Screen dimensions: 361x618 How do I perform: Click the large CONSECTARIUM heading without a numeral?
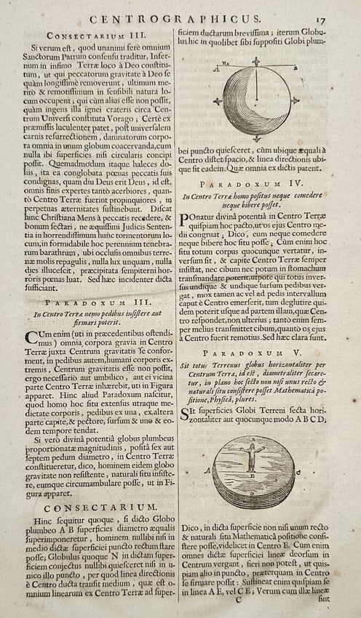pyautogui.click(x=90, y=506)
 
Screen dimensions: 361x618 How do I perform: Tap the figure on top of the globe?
pyautogui.click(x=255, y=61)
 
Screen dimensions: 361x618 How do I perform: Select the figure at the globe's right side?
pyautogui.click(x=295, y=101)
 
